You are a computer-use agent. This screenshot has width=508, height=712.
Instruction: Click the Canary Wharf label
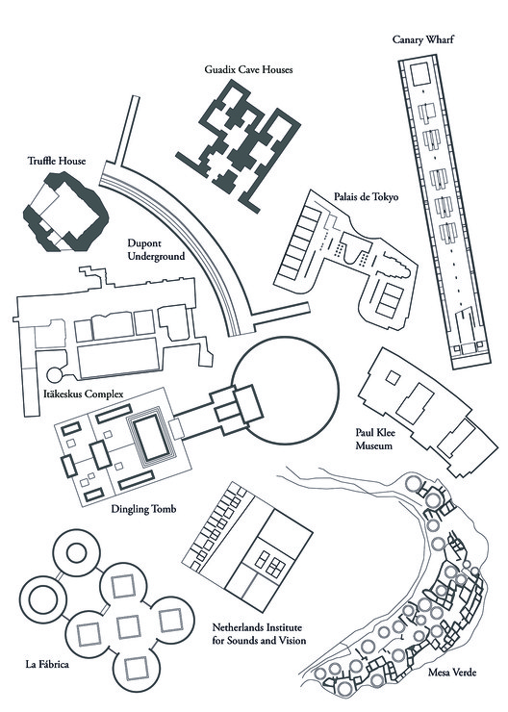click(x=422, y=39)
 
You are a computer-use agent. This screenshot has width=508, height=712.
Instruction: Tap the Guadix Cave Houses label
click(x=248, y=69)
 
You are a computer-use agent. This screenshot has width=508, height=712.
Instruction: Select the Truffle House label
click(x=57, y=161)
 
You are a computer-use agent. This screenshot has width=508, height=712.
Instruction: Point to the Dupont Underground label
click(x=156, y=250)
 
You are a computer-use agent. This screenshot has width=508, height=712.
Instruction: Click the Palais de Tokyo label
click(x=366, y=196)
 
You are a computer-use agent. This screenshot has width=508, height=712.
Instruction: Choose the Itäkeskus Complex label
click(x=84, y=394)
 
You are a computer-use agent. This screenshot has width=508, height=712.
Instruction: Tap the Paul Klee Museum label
click(x=375, y=439)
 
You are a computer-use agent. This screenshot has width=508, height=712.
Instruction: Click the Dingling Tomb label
click(x=143, y=509)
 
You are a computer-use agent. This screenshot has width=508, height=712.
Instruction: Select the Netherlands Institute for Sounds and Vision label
click(x=259, y=634)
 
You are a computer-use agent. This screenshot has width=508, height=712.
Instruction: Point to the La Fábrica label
click(x=47, y=664)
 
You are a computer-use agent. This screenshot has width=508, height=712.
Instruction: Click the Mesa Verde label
click(x=452, y=672)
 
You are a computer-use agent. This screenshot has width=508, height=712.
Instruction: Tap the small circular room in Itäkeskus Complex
click(x=55, y=374)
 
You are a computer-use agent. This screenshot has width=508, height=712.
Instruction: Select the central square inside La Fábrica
click(x=128, y=626)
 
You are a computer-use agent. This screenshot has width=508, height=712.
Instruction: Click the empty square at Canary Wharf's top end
click(x=419, y=73)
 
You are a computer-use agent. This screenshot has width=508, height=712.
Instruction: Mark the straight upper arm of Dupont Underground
click(x=127, y=130)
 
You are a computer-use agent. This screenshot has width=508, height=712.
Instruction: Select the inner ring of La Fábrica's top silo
click(x=76, y=553)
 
